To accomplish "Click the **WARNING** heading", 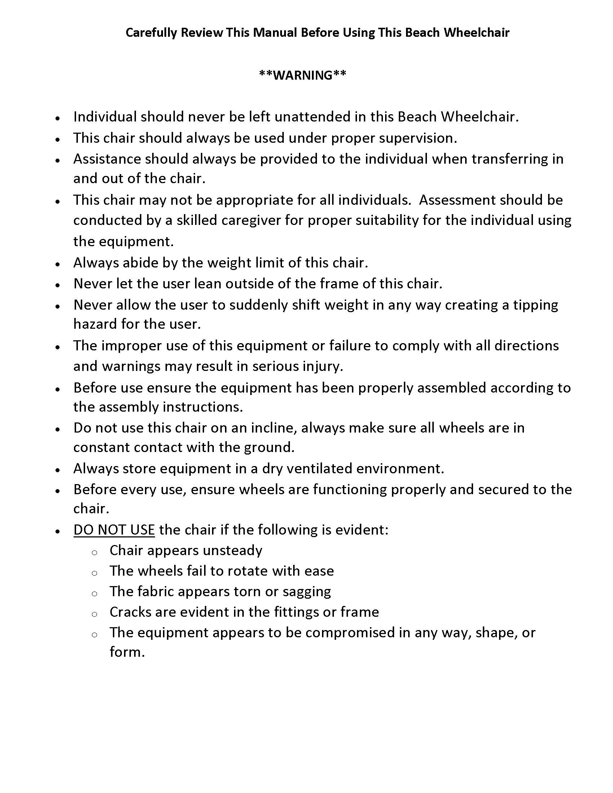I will point(303,75).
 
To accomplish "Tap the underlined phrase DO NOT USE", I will point(114,530).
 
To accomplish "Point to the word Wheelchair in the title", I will point(476,33).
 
